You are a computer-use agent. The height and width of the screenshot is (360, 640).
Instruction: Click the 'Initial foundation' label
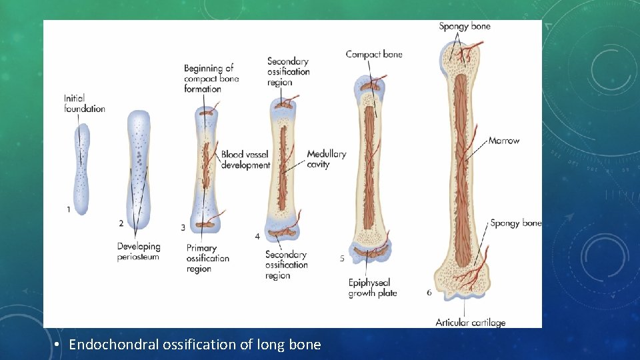tap(85, 103)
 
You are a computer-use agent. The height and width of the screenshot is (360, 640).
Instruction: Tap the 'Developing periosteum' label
tap(138, 251)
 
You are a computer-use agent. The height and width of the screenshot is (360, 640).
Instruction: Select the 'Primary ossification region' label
tap(207, 259)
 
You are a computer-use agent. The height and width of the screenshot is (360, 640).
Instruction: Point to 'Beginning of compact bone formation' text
tap(211, 78)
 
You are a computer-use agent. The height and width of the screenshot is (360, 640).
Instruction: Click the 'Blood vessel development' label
tap(245, 159)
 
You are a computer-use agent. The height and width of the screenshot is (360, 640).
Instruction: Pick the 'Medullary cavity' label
tap(326, 159)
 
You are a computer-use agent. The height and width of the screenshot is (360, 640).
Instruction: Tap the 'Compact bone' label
tap(374, 55)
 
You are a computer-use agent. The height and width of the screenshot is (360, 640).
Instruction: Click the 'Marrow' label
tap(503, 141)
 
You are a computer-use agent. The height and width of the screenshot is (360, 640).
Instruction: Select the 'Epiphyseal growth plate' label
tap(372, 288)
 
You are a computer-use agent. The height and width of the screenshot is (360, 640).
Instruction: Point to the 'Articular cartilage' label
tap(470, 323)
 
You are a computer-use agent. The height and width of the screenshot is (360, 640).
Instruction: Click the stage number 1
tap(69, 209)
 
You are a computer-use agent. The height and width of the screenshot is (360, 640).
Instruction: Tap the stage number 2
tap(121, 223)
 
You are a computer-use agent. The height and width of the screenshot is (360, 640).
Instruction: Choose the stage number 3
tap(183, 228)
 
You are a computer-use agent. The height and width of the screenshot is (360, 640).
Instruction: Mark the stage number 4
tap(257, 237)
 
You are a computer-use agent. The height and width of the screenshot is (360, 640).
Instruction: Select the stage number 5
tap(342, 259)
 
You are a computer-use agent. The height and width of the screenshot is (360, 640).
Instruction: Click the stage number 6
tap(429, 293)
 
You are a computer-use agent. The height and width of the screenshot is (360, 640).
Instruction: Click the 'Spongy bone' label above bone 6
tap(464, 27)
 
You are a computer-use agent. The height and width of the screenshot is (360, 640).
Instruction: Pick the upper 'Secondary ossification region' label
tap(288, 72)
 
